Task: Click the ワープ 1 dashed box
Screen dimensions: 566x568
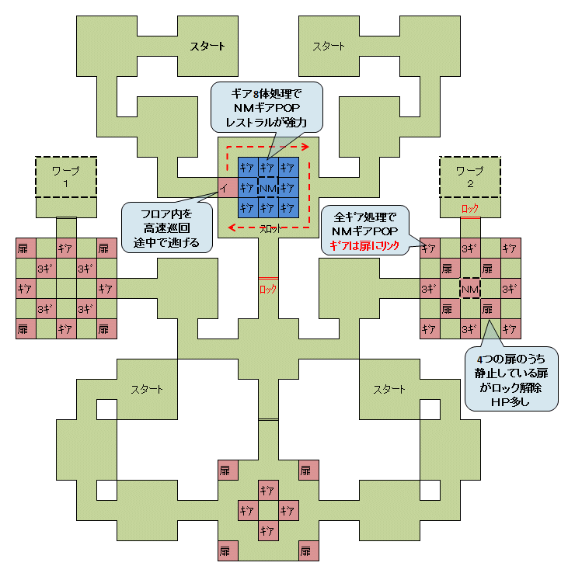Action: tap(67, 176)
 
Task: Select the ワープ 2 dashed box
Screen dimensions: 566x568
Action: tap(470, 176)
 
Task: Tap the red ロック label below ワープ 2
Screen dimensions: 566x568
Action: tap(470, 208)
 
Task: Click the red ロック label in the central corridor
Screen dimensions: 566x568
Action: tap(268, 289)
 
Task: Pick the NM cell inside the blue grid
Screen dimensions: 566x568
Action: tap(268, 188)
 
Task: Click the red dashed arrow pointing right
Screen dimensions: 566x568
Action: tap(268, 145)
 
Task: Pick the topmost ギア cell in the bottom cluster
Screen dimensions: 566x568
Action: tap(268, 491)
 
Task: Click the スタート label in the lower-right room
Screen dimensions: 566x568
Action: tap(389, 389)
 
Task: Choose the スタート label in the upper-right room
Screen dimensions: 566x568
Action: tap(329, 47)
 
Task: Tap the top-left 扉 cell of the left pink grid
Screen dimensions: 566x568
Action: tap(26, 248)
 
